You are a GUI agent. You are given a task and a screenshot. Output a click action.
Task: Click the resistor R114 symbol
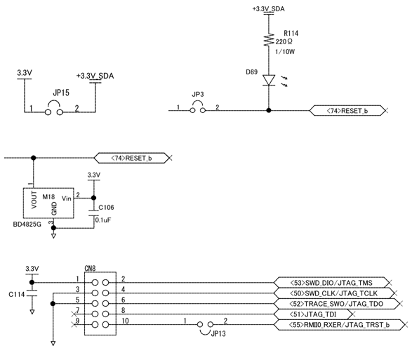coord(268,41)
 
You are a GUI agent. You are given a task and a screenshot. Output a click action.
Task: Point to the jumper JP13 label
coord(218,334)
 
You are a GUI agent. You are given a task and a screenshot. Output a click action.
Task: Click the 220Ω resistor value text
coord(295,42)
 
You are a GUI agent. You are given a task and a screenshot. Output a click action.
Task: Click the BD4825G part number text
coord(26,225)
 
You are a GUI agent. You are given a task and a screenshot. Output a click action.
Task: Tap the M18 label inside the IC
coord(48,198)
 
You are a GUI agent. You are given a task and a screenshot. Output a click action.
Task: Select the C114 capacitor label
coord(17,295)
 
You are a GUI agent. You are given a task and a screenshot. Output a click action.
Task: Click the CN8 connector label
coord(90,267)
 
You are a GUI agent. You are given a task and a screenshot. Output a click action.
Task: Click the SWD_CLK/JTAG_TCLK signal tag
coord(333,292)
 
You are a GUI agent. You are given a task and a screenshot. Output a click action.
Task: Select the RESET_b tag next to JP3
coord(347,110)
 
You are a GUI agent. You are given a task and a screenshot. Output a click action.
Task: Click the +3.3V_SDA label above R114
coord(268,8)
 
